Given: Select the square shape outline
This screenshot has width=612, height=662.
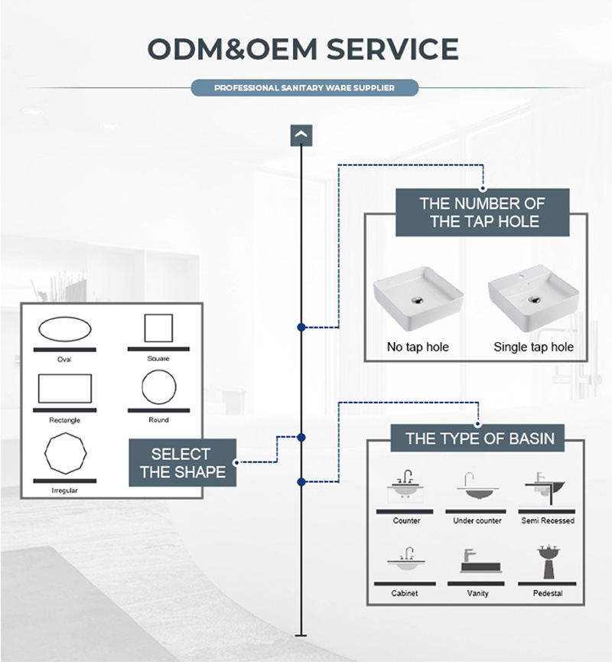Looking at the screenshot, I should (x=158, y=328).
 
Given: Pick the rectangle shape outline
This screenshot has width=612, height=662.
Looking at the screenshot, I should (x=65, y=388).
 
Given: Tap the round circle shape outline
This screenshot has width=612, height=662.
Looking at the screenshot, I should (x=158, y=388).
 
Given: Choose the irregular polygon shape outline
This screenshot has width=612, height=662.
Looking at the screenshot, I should (x=65, y=454).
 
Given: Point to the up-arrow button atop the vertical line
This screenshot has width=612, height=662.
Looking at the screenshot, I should (x=301, y=135).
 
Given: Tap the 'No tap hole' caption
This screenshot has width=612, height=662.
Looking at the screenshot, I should (x=418, y=347).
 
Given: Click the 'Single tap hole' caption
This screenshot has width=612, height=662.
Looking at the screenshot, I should (x=533, y=347).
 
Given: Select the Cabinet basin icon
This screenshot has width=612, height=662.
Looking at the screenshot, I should (x=405, y=559).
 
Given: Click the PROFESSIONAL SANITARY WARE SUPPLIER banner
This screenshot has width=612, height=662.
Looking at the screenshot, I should (x=304, y=88).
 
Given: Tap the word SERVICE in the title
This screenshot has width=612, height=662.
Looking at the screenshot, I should (x=392, y=48).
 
